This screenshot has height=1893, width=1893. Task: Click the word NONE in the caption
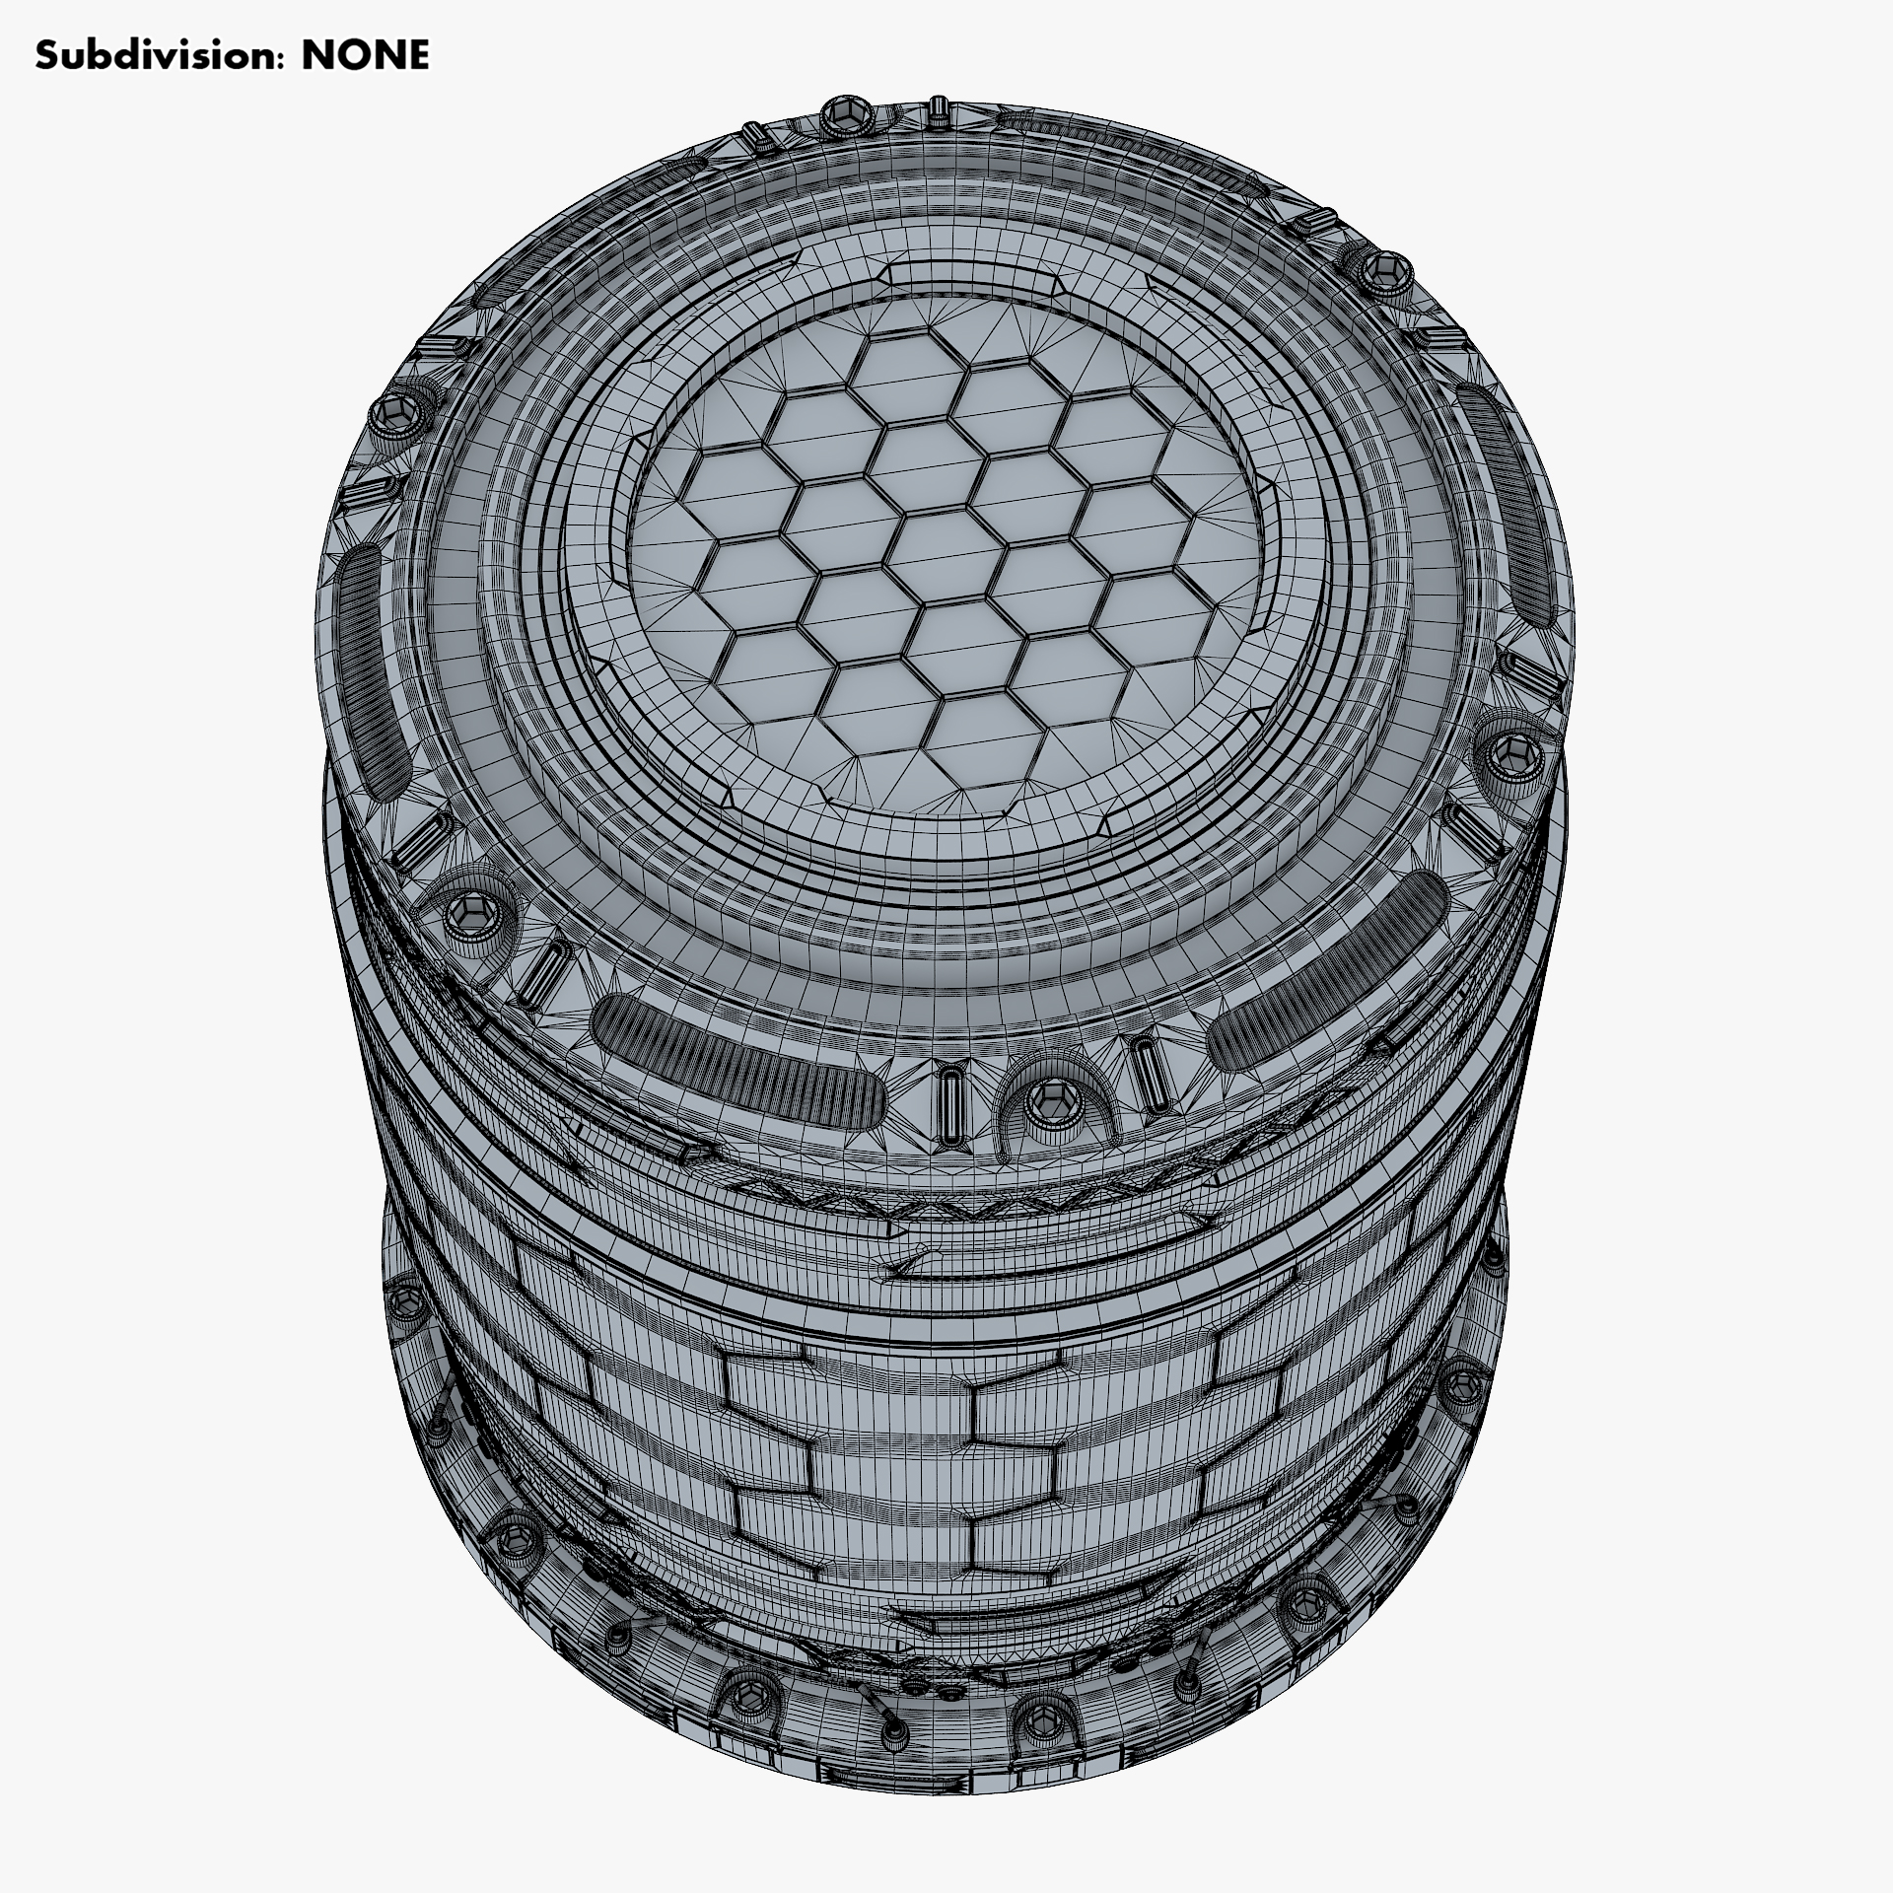coord(365,56)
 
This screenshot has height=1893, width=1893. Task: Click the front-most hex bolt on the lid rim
coord(1046,1100)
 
